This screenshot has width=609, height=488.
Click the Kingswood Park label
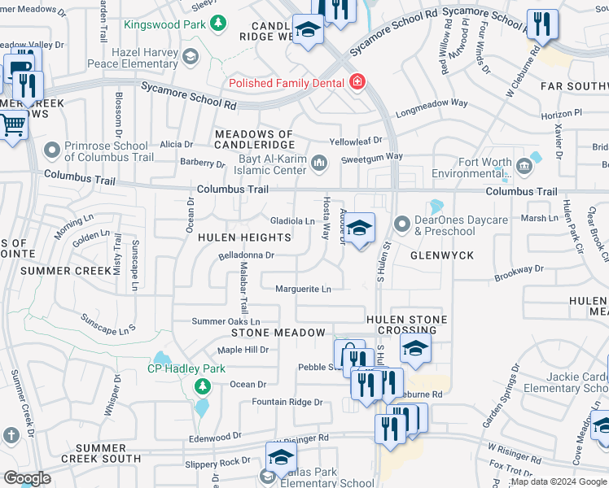164,24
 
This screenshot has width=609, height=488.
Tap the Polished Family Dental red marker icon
356,82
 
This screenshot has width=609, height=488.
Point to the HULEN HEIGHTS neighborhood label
244,237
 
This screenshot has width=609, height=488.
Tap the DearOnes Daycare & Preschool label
462,226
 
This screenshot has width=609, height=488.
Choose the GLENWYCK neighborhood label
443,255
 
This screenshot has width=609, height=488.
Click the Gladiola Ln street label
292,221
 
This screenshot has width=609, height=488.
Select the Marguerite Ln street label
303,289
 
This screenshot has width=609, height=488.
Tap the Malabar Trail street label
243,282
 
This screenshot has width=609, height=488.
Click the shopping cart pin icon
12,126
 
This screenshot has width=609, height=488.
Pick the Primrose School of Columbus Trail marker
53,150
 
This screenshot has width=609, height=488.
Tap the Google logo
26,478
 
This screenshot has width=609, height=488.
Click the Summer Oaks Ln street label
226,322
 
